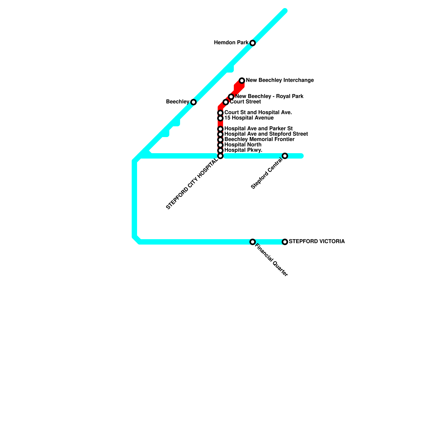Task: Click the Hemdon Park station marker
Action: point(252,43)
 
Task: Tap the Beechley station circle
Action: point(193,102)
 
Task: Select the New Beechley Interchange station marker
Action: point(242,80)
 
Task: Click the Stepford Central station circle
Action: point(285,156)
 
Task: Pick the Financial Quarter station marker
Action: point(252,242)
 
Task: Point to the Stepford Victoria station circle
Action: point(285,242)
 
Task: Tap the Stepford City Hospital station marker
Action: point(220,156)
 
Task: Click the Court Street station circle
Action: point(226,102)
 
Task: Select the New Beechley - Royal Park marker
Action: point(231,96)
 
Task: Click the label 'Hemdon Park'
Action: point(231,43)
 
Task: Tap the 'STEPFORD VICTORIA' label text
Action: point(317,242)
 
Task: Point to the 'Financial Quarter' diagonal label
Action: point(271,260)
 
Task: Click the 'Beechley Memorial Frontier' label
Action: point(259,139)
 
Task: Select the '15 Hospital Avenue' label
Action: point(249,118)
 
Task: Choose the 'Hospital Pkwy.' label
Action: point(243,150)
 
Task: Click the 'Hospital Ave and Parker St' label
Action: point(258,129)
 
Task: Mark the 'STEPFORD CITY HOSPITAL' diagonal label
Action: point(192,184)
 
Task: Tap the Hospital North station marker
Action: point(220,145)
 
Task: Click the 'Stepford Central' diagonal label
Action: point(267,174)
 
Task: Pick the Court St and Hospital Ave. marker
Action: point(220,113)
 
